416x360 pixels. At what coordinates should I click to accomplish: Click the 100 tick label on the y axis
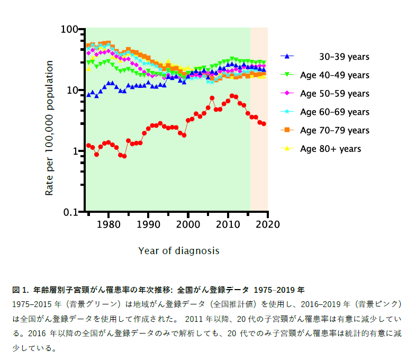click(70, 29)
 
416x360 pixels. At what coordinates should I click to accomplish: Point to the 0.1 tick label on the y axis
click(71, 212)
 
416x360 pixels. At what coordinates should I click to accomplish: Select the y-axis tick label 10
click(73, 90)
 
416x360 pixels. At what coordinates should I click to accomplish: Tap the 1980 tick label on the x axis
click(108, 224)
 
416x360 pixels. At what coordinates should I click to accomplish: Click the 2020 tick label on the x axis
click(268, 224)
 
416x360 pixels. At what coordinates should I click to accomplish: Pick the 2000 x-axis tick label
click(188, 224)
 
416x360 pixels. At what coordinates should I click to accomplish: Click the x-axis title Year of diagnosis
click(178, 250)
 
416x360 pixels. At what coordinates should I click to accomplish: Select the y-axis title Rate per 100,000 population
click(49, 128)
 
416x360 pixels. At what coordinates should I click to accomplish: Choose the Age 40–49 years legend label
click(334, 75)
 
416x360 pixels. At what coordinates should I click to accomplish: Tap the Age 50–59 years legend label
click(334, 94)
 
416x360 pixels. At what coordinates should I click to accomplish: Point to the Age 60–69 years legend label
click(334, 112)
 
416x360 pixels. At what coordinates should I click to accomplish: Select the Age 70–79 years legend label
click(334, 130)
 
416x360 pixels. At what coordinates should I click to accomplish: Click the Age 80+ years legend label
click(330, 149)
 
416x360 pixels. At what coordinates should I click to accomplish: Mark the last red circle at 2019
click(264, 123)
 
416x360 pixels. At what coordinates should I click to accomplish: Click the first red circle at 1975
click(88, 145)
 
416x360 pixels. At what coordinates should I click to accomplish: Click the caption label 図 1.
click(20, 290)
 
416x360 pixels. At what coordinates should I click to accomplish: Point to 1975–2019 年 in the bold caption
click(279, 290)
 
